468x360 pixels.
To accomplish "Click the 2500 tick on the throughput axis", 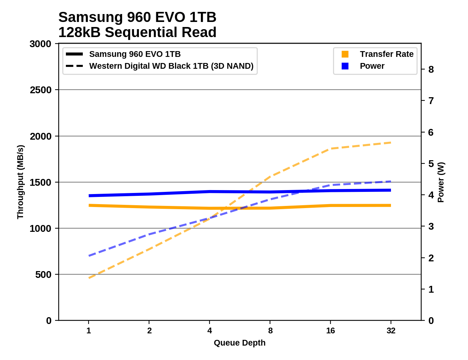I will tap(41, 90).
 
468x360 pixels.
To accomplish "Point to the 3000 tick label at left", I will tap(41, 44).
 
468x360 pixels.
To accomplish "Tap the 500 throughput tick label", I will tap(44, 275).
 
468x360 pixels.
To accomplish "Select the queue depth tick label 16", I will tap(330, 330).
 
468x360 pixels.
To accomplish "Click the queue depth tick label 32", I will tap(391, 330).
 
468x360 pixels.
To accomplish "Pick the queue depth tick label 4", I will tap(210, 330).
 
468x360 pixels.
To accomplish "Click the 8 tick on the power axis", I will tap(431, 69).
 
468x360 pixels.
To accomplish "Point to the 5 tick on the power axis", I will tap(431, 164).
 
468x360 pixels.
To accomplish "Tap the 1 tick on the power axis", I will tap(431, 289).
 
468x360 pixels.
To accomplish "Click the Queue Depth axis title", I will tap(239, 343).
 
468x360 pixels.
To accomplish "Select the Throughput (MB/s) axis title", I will tap(20, 182).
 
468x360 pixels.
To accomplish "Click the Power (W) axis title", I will tap(441, 182).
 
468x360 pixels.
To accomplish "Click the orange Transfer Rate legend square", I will tap(345, 54).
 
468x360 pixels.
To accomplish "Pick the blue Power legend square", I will tap(345, 66).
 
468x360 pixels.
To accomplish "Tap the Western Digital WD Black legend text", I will tap(171, 66).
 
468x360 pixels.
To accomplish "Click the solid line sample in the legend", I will tap(75, 54).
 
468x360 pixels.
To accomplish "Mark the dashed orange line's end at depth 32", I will tap(391, 143).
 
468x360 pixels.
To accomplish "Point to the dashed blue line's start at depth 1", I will tap(89, 256).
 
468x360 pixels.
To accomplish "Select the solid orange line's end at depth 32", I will tap(391, 206).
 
